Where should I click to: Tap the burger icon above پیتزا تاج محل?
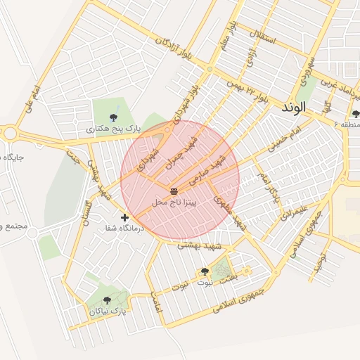174,191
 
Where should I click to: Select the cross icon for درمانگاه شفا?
125,218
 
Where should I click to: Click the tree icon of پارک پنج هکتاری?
114,117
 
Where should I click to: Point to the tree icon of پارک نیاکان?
107,300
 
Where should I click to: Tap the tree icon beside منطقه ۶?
356,114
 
